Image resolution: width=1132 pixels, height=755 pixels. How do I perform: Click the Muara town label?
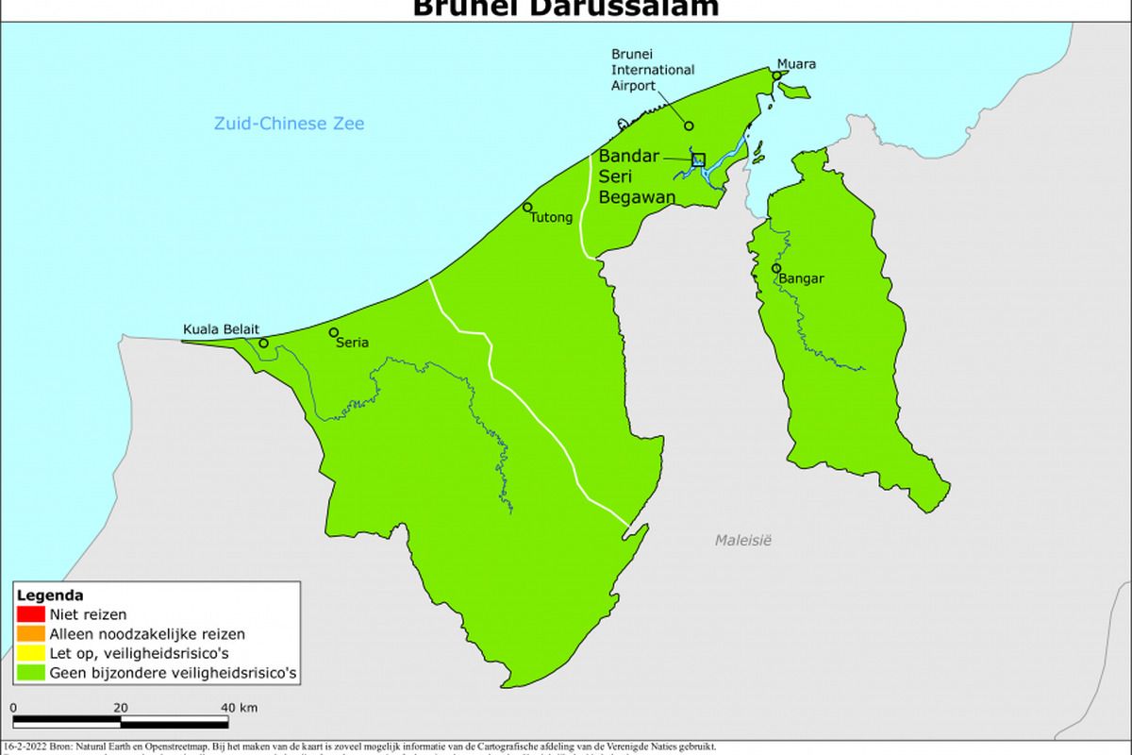796,64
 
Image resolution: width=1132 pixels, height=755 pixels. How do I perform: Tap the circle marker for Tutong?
527,208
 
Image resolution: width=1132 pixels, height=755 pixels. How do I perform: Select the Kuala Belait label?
220,329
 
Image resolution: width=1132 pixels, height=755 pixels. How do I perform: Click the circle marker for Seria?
334,332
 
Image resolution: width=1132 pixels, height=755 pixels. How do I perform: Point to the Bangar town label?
802,279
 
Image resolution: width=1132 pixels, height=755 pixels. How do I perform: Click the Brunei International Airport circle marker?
689,126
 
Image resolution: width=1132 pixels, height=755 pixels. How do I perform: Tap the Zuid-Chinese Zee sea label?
289,124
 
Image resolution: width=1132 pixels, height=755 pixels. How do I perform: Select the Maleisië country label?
742,541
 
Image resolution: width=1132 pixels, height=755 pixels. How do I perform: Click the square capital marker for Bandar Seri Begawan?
698,159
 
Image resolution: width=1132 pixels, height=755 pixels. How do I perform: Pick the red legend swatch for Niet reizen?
31,615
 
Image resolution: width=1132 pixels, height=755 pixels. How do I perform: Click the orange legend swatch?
31,634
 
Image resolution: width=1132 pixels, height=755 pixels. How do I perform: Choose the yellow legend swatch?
31,653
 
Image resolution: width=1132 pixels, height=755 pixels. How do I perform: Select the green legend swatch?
31,673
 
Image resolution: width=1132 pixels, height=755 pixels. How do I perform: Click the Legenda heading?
49,596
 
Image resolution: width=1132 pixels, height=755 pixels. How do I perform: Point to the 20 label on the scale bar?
121,708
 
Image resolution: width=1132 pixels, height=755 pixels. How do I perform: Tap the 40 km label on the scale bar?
239,708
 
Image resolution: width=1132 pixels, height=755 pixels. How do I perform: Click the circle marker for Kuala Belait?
263,344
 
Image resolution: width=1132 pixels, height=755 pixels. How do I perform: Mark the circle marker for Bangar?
776,268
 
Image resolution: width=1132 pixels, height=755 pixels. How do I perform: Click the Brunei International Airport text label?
653,70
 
